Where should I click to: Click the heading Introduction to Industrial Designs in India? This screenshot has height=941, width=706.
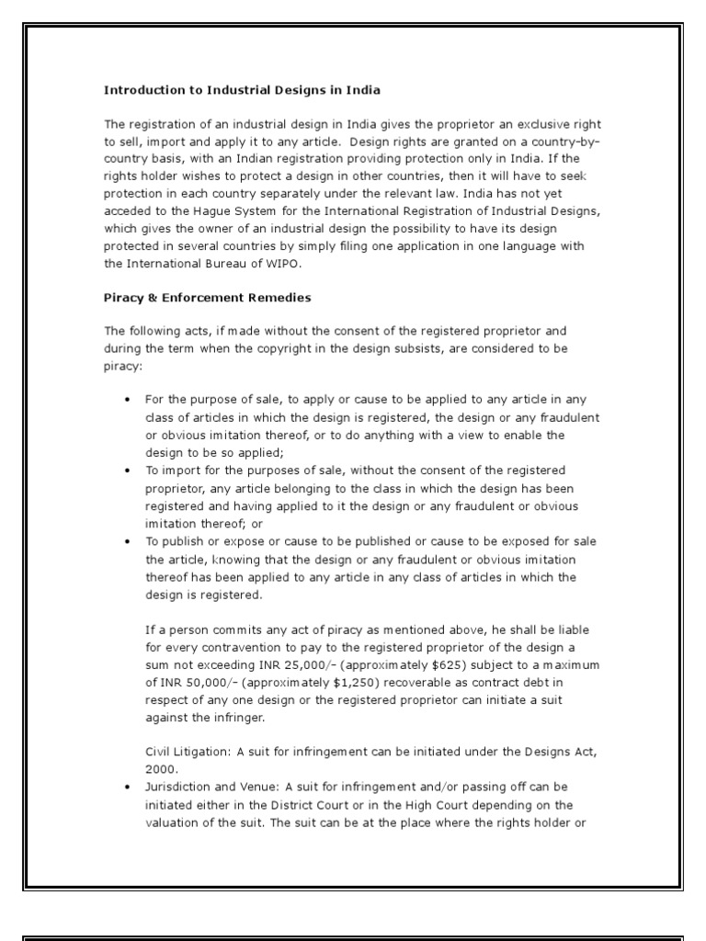point(242,90)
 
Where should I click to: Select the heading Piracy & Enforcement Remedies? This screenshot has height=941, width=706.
point(207,298)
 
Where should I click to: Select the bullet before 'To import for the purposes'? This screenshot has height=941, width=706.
point(126,470)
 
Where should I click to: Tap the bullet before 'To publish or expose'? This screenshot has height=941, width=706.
point(126,539)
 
